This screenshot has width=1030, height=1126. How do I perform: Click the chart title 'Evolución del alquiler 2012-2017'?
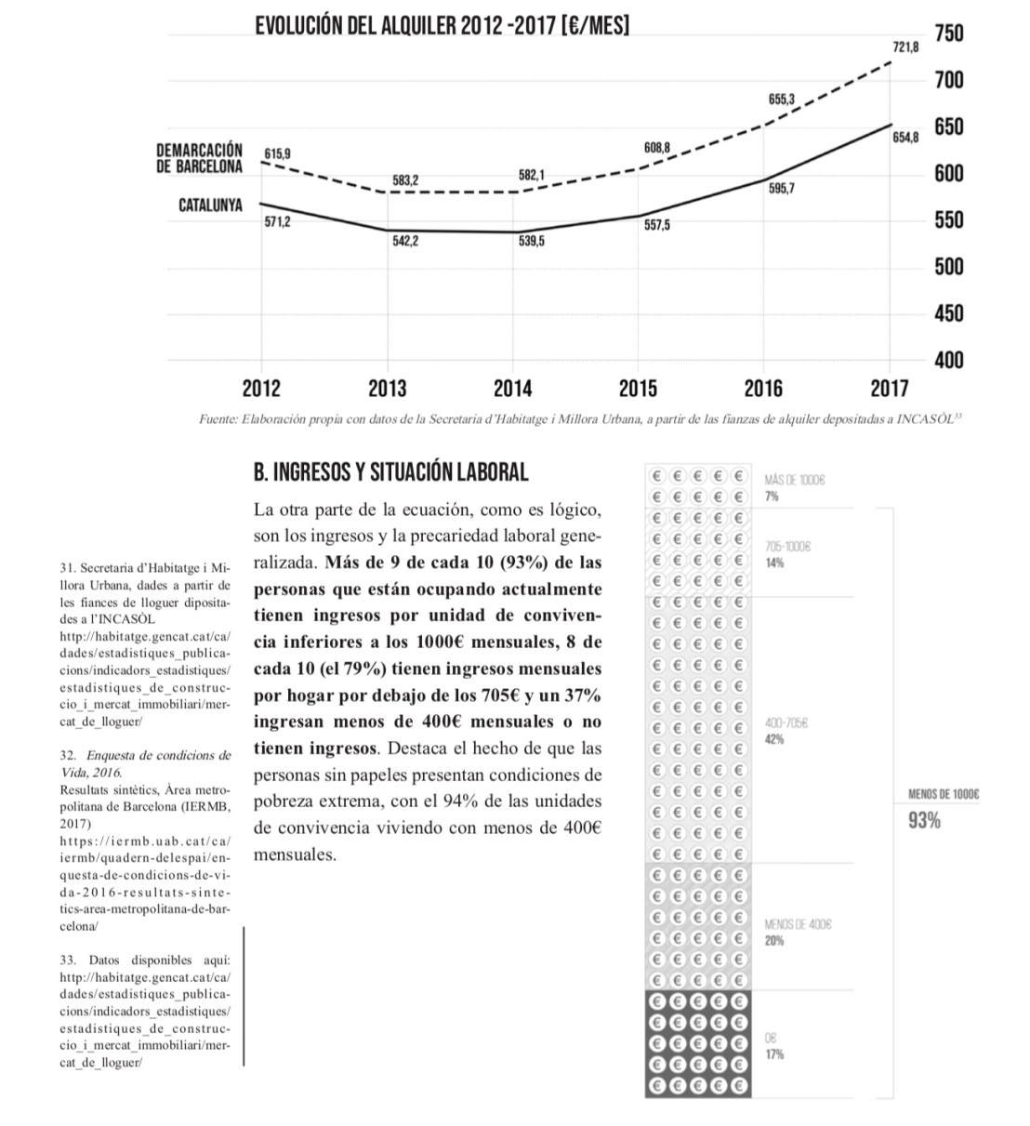pyautogui.click(x=442, y=25)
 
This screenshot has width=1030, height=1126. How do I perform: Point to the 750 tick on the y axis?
pyautogui.click(x=948, y=33)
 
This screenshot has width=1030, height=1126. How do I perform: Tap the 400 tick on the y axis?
pyautogui.click(x=948, y=360)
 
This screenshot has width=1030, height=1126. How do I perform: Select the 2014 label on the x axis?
pyautogui.click(x=512, y=388)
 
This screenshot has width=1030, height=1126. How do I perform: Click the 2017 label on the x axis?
pyautogui.click(x=890, y=388)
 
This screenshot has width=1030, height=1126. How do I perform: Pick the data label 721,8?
pyautogui.click(x=905, y=46)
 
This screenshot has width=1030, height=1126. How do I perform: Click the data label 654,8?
pyautogui.click(x=905, y=139)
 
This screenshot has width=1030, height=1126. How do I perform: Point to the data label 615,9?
pyautogui.click(x=277, y=152)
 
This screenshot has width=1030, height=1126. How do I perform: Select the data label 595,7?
pyautogui.click(x=782, y=189)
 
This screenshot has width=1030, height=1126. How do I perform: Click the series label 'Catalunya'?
pyautogui.click(x=210, y=205)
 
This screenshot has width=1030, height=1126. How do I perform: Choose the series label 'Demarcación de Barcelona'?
pyautogui.click(x=199, y=158)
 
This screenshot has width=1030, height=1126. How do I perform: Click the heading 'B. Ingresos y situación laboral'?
pyautogui.click(x=390, y=472)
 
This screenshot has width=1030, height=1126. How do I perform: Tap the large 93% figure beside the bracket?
pyautogui.click(x=924, y=820)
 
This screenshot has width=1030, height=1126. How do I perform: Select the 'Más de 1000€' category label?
pyautogui.click(x=794, y=480)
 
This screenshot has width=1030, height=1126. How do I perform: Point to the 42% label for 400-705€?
pyautogui.click(x=773, y=739)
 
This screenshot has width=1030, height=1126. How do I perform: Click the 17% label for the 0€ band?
pyautogui.click(x=773, y=1054)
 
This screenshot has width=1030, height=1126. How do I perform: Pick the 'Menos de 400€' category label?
pyautogui.click(x=797, y=924)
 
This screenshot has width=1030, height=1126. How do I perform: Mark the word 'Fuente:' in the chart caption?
pyautogui.click(x=218, y=419)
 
